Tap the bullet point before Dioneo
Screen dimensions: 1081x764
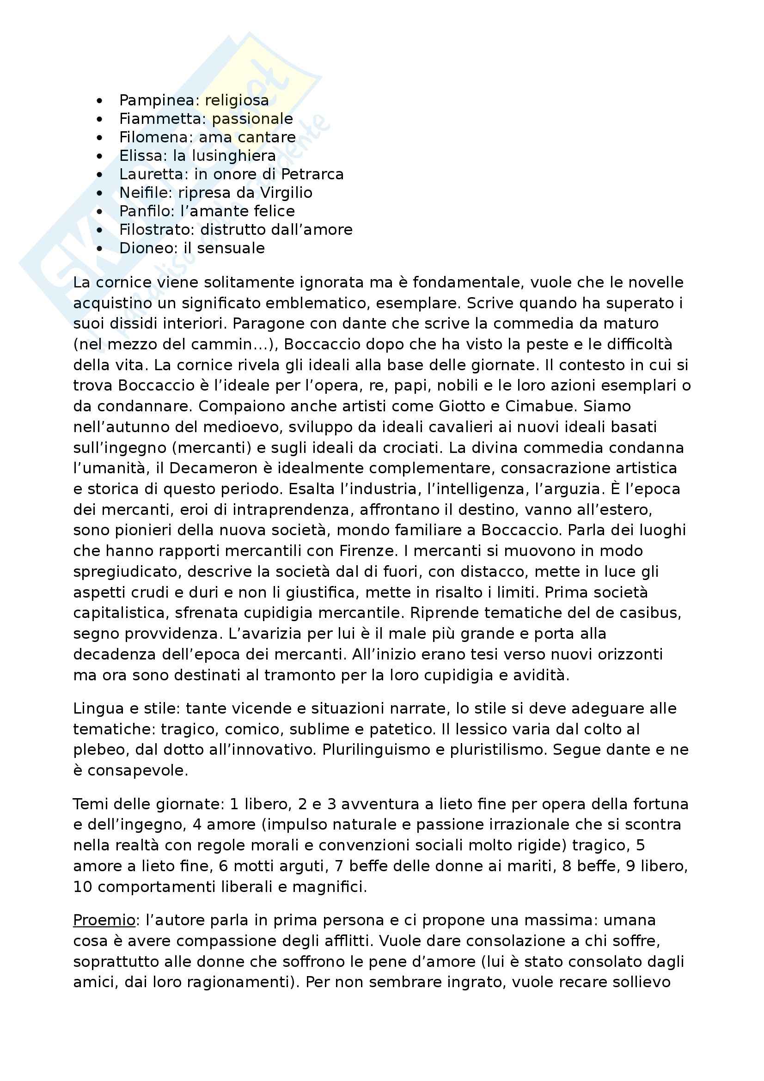click(99, 248)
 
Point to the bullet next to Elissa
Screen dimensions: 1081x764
click(99, 156)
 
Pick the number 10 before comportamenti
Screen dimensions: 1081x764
click(82, 886)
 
